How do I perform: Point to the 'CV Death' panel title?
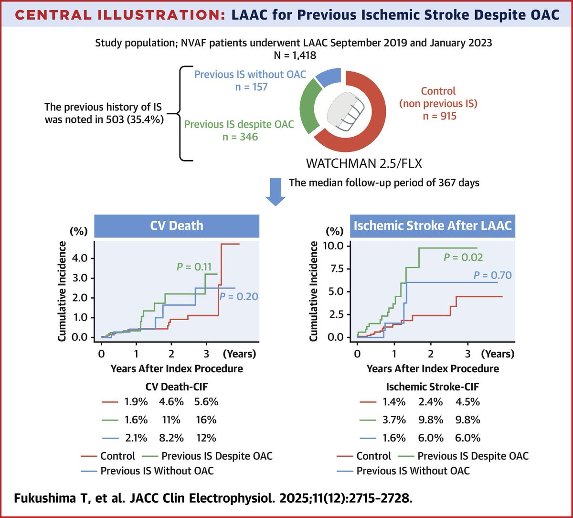[x=177, y=225]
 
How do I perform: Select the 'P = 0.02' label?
[x=463, y=258]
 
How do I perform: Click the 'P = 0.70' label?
[x=492, y=275]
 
